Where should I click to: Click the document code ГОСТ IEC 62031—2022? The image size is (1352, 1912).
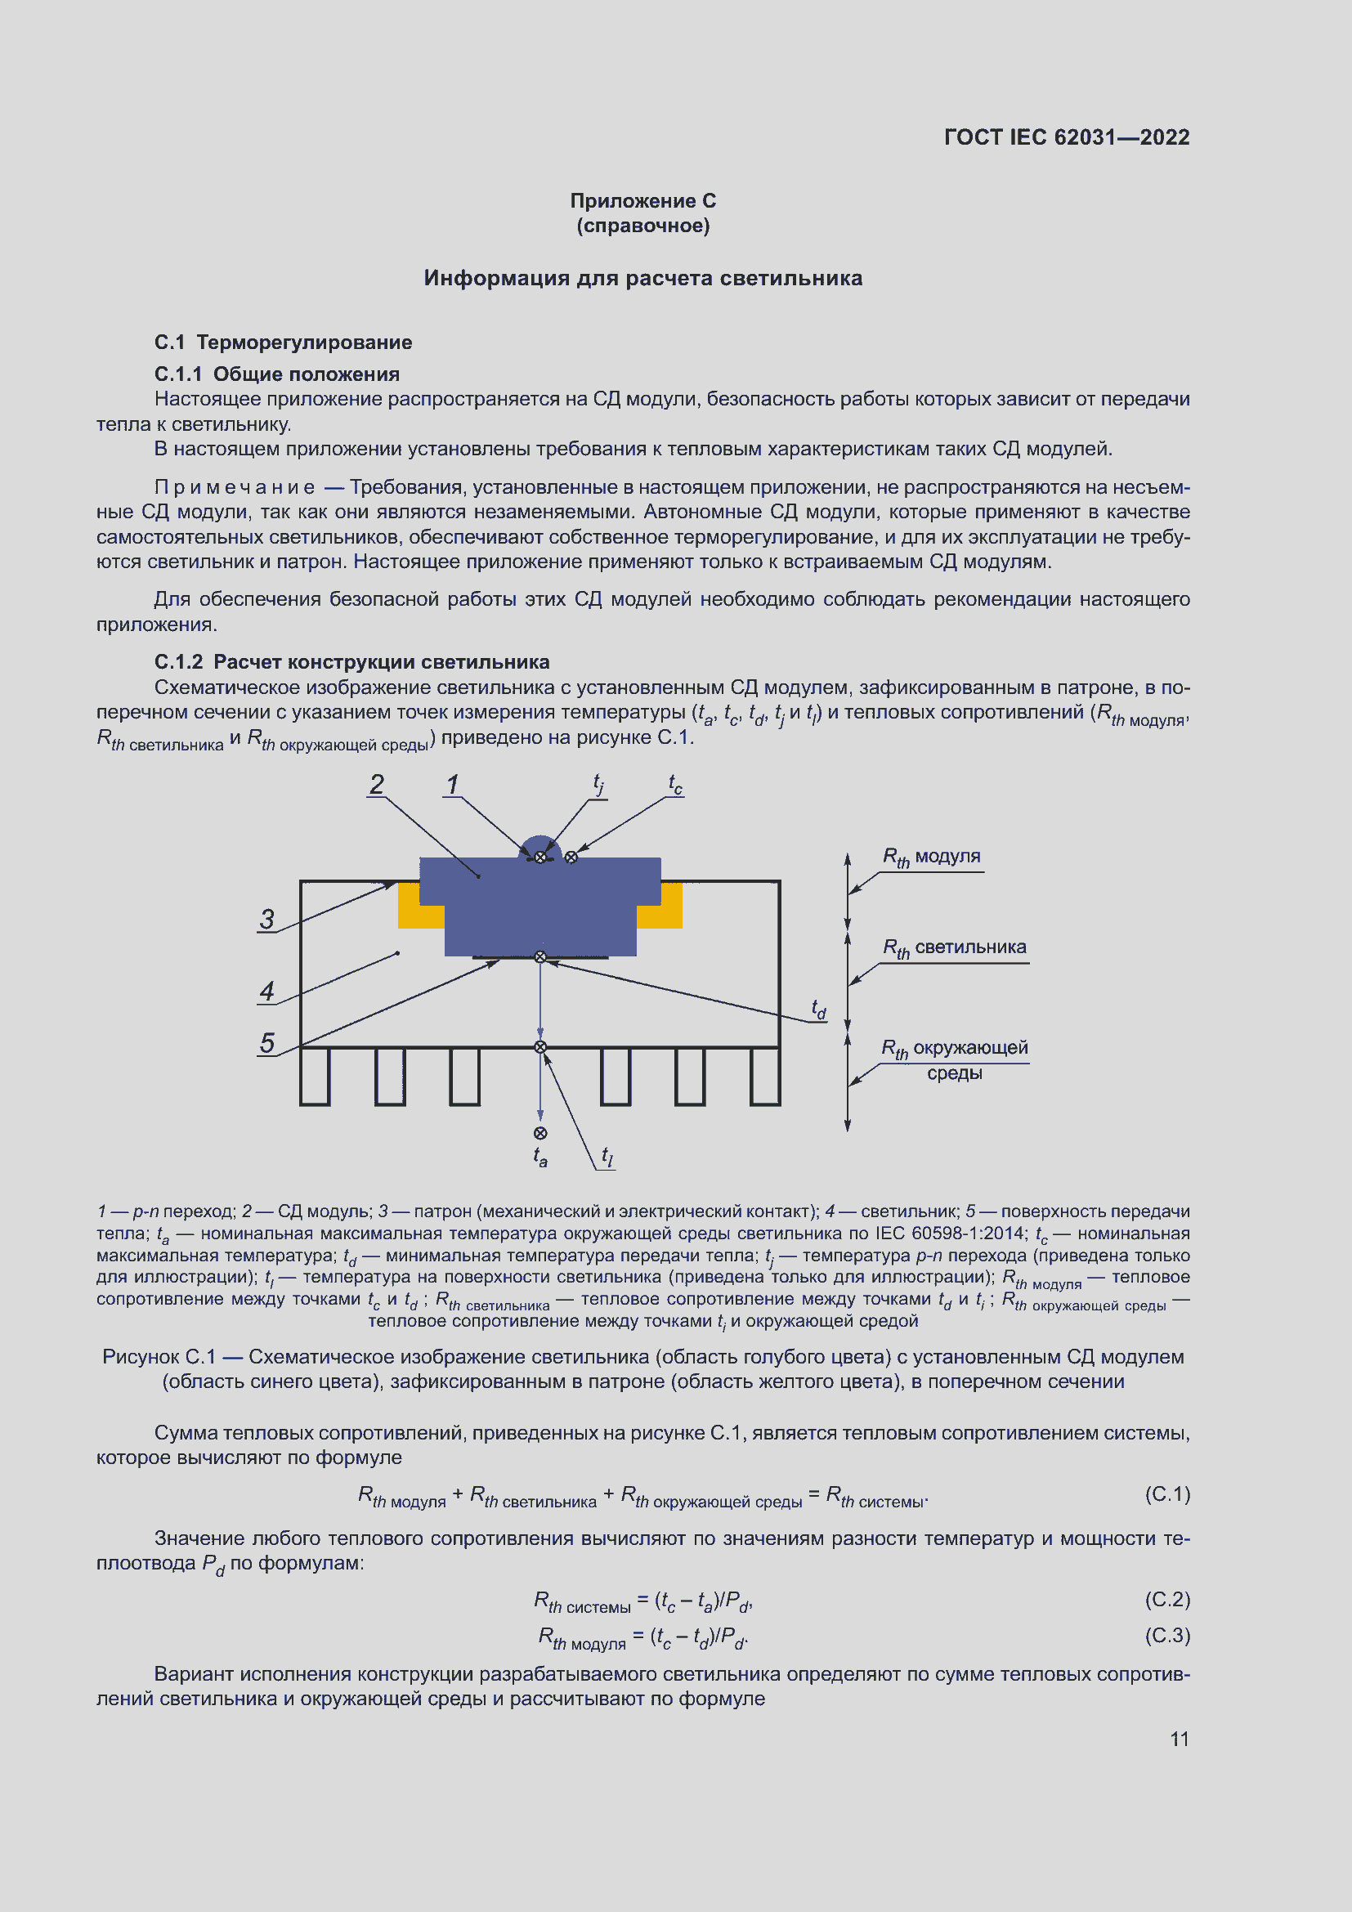(1067, 137)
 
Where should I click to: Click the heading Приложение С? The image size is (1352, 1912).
(642, 201)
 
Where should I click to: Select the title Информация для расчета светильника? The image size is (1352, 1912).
(642, 278)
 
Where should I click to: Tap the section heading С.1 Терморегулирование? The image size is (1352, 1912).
(283, 343)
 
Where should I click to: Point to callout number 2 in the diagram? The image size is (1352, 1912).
(377, 785)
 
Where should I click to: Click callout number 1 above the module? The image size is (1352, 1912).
(452, 785)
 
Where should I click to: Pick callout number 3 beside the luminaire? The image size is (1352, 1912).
(266, 920)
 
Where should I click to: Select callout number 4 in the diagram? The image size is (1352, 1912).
(266, 991)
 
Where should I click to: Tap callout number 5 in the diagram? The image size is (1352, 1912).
(266, 1042)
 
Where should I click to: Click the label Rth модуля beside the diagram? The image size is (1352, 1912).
(932, 857)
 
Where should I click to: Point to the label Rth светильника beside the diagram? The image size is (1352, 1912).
(954, 947)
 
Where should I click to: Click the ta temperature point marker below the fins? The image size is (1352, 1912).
(540, 1133)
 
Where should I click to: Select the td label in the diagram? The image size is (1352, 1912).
(819, 1010)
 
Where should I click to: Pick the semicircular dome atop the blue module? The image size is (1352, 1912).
(540, 844)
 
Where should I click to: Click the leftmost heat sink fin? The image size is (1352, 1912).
(315, 1077)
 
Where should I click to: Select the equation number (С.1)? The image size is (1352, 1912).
(1167, 1494)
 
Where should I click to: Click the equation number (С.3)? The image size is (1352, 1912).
(1167, 1636)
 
